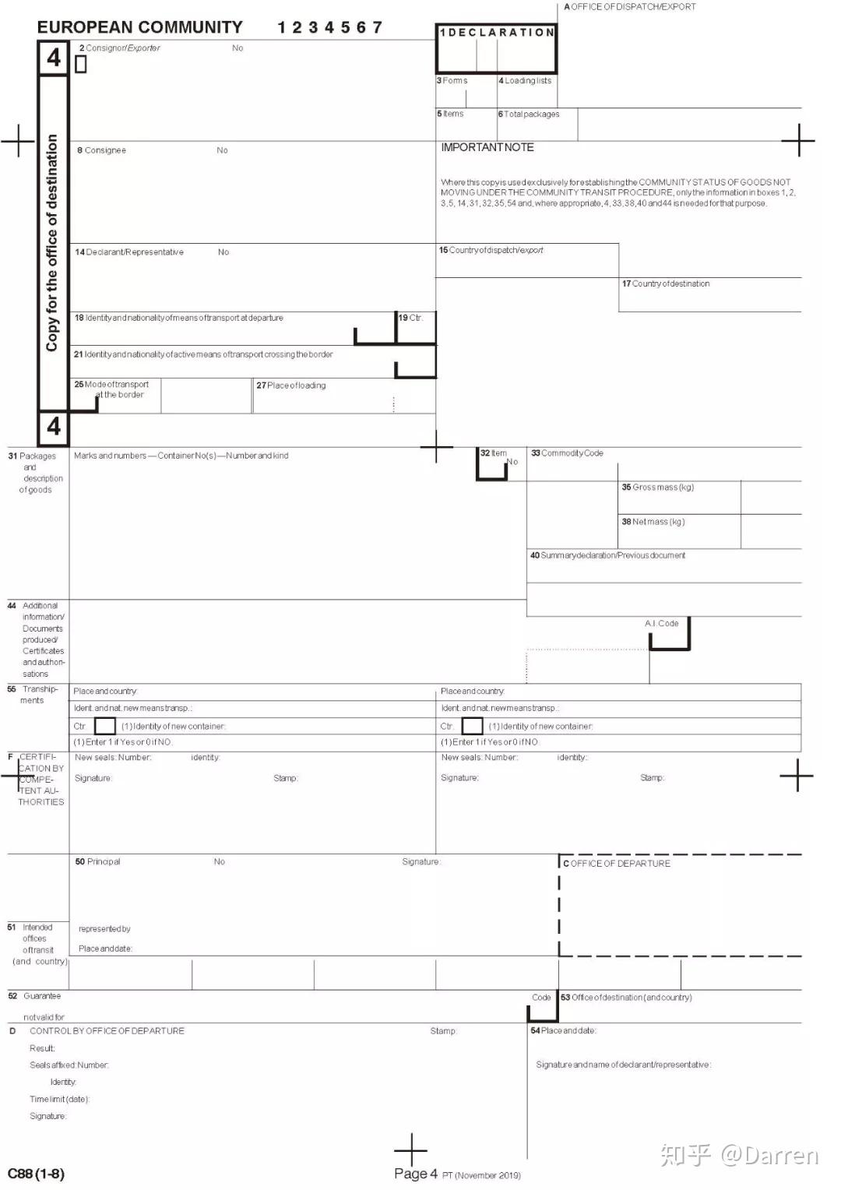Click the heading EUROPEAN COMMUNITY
[140, 27]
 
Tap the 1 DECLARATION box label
[497, 33]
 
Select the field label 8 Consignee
[101, 150]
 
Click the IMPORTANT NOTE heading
[487, 147]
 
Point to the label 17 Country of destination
[666, 283]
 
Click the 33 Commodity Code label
[567, 453]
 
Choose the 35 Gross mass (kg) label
[657, 488]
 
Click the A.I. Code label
[661, 623]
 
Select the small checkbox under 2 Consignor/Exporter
[81, 65]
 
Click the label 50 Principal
[97, 861]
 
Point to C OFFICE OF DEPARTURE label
[617, 864]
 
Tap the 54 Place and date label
[563, 1030]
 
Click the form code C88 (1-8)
[36, 1174]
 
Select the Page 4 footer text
[416, 1174]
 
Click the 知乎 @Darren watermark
[739, 1154]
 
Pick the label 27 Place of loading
[291, 386]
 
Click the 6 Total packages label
[529, 114]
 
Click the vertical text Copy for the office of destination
[52, 243]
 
